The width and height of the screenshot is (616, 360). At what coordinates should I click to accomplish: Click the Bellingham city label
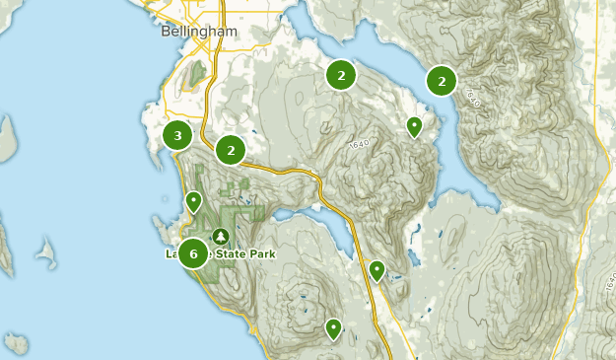point(199,32)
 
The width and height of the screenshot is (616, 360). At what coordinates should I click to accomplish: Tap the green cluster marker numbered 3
point(177,136)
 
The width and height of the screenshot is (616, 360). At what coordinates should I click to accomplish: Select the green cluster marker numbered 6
point(194,253)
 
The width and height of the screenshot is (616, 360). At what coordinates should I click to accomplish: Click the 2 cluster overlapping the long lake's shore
point(442,82)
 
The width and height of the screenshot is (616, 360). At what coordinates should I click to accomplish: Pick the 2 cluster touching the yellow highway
point(231,150)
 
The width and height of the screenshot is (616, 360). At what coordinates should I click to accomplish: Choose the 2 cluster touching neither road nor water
point(341,75)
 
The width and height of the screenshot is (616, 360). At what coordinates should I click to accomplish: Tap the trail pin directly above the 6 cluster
point(194,202)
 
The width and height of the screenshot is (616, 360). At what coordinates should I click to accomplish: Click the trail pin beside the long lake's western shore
point(415,126)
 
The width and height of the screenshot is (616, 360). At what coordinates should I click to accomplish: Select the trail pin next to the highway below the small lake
point(376,269)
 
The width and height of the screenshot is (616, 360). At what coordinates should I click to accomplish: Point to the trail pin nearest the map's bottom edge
point(333,327)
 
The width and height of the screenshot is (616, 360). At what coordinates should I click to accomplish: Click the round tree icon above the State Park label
point(220,236)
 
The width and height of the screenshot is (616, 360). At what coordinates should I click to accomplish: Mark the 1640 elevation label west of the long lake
point(359,146)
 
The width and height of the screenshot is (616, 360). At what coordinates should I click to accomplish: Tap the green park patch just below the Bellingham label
point(197,72)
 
